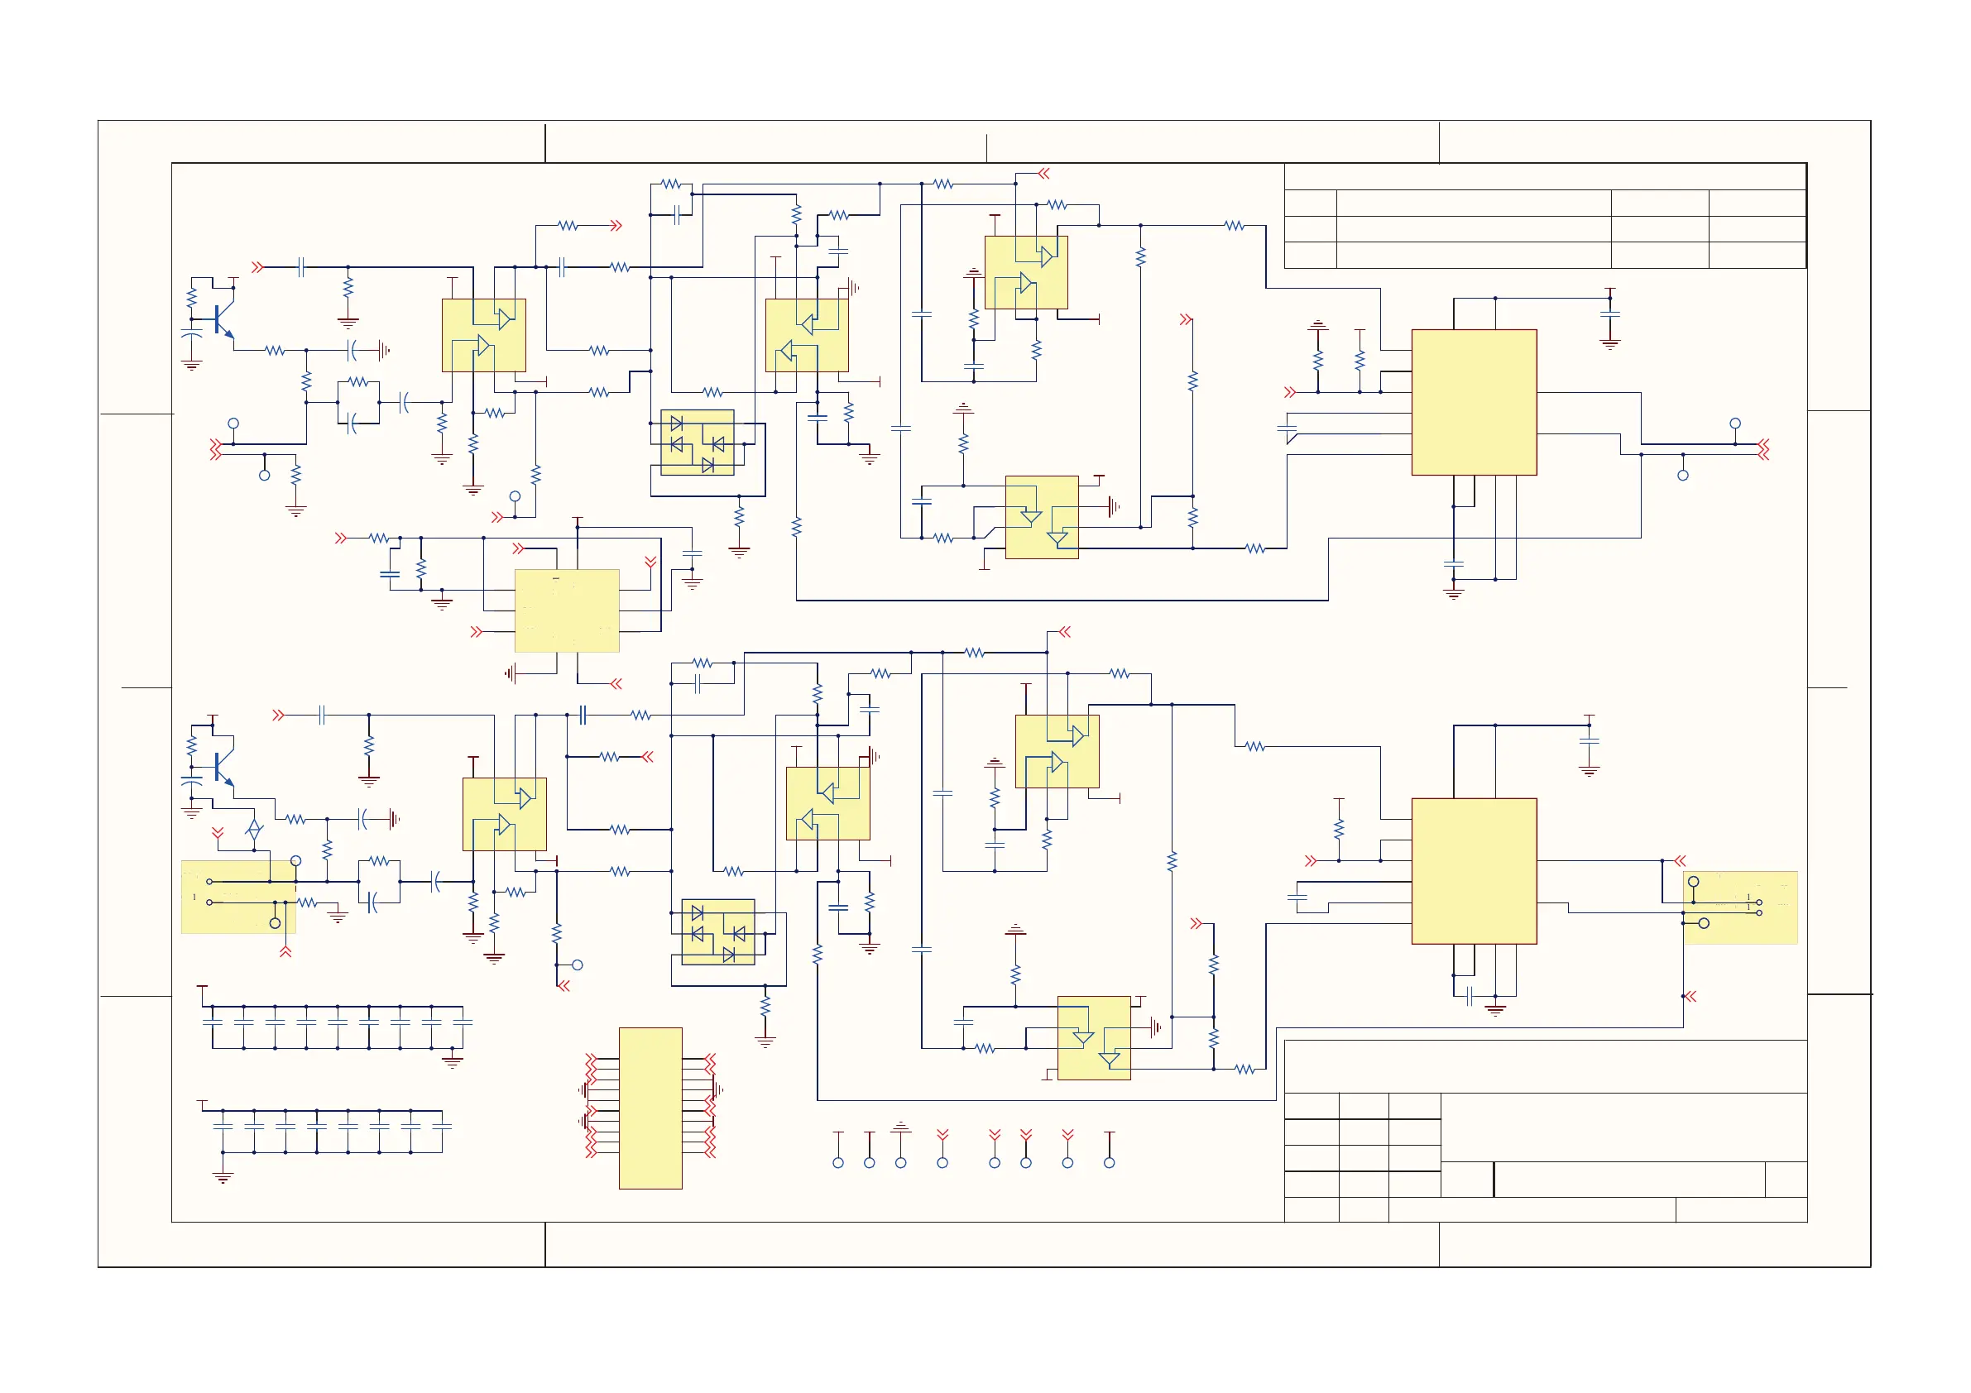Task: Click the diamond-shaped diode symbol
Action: pyautogui.click(x=254, y=830)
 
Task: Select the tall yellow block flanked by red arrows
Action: pyautogui.click(x=650, y=1107)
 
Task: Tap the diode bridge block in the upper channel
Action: pyautogui.click(x=697, y=443)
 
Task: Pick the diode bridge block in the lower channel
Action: pyautogui.click(x=717, y=932)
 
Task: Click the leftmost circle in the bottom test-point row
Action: pyautogui.click(x=838, y=1163)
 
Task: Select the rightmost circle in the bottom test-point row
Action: pyautogui.click(x=1109, y=1163)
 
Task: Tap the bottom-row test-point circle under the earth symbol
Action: pyautogui.click(x=900, y=1163)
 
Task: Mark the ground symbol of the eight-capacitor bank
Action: pyautogui.click(x=223, y=1179)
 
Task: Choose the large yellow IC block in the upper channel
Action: pyautogui.click(x=1474, y=402)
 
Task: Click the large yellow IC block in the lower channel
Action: pyautogui.click(x=1474, y=871)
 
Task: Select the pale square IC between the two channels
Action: pyautogui.click(x=567, y=610)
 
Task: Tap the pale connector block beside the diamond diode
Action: pyautogui.click(x=237, y=896)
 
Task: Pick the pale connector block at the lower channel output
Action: pyautogui.click(x=1740, y=908)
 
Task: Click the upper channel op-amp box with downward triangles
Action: pyautogui.click(x=1041, y=517)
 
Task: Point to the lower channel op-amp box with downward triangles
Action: pyautogui.click(x=1094, y=1037)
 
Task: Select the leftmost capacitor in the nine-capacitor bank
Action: pyautogui.click(x=212, y=1022)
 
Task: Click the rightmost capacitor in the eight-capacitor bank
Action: pyautogui.click(x=442, y=1125)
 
